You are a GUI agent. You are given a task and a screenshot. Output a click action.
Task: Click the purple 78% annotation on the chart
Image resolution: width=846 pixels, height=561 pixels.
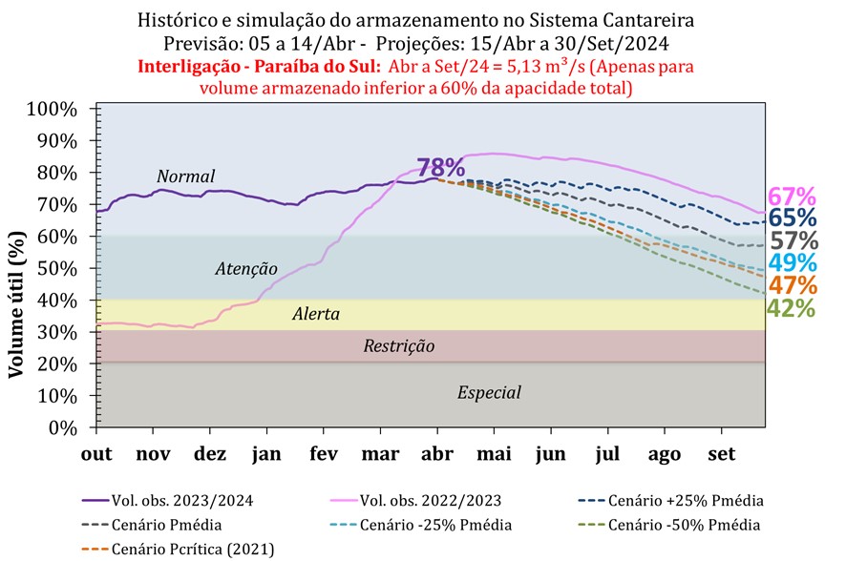(x=440, y=167)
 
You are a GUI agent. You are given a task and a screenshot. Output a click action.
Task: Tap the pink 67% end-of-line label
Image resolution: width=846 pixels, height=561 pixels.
(x=793, y=197)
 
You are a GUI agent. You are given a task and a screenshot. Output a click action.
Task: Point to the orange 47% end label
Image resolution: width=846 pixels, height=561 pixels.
(x=793, y=284)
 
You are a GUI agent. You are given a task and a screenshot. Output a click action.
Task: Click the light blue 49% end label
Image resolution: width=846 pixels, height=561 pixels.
(x=793, y=262)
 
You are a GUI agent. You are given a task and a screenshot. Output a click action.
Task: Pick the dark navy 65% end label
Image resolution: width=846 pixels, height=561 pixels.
(x=793, y=218)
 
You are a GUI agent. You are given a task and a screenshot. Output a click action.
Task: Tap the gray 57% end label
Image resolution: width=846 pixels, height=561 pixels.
(x=793, y=240)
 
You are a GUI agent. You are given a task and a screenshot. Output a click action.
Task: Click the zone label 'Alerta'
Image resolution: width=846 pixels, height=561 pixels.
(x=316, y=314)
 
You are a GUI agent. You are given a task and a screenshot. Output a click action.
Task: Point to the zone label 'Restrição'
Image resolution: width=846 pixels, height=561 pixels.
(x=399, y=346)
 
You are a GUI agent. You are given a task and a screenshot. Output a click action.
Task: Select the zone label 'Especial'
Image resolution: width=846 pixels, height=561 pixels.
(x=489, y=392)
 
